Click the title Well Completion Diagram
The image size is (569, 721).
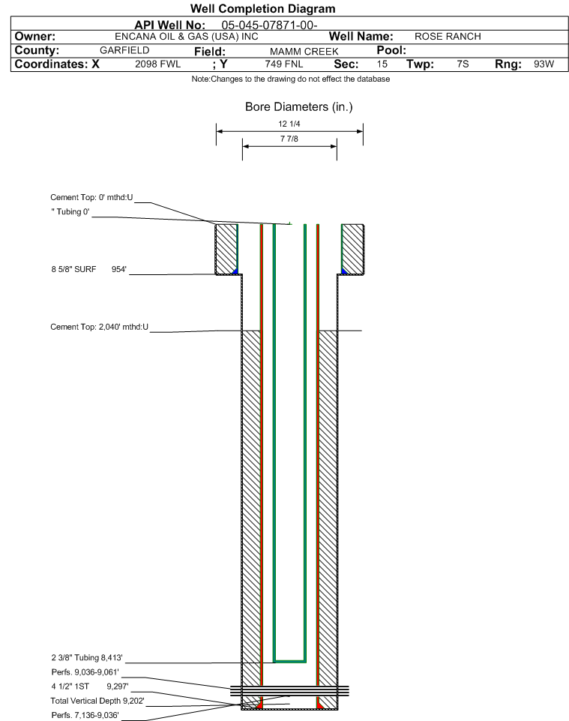[x=262, y=9]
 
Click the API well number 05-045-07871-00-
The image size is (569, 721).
[x=270, y=25]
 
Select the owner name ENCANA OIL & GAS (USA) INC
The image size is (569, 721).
[x=187, y=37]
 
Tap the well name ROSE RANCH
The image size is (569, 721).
[x=448, y=37]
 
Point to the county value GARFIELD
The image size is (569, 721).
[x=124, y=50]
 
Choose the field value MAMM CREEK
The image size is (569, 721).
[x=304, y=52]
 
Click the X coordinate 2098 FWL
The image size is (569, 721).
[x=157, y=64]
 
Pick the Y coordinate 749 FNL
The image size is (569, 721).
[x=284, y=64]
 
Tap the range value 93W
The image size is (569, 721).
[x=544, y=64]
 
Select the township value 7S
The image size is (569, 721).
[x=463, y=64]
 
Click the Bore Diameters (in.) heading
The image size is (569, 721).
[x=299, y=107]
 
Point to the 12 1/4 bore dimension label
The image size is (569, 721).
[x=289, y=124]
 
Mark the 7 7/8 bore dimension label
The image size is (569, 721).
[x=289, y=139]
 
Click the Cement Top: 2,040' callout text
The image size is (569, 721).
[x=100, y=327]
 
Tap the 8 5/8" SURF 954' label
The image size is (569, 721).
[x=88, y=270]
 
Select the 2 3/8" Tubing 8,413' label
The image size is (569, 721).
[x=87, y=657]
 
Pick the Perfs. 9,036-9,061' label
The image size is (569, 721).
[x=85, y=672]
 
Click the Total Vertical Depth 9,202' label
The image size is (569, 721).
[x=97, y=701]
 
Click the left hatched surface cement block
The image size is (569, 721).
[x=226, y=250]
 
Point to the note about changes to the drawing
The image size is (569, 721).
[x=291, y=79]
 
